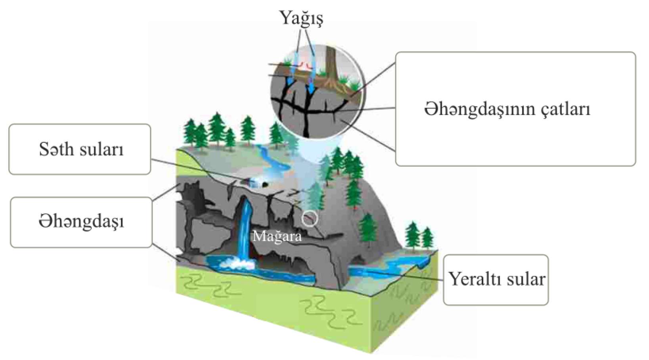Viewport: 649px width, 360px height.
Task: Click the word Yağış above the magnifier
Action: point(301,18)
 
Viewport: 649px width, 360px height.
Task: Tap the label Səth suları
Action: point(81,149)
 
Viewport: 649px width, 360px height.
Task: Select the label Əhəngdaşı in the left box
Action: point(81,222)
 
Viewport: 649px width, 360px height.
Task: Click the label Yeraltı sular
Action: point(496,279)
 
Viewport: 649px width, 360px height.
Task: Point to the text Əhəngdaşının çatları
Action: point(507,109)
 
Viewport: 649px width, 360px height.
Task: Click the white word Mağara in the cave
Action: point(277,237)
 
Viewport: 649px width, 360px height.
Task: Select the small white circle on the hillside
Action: point(310,218)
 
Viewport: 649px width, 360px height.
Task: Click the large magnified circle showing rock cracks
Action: point(317,91)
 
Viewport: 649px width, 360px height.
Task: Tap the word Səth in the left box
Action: point(56,149)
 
